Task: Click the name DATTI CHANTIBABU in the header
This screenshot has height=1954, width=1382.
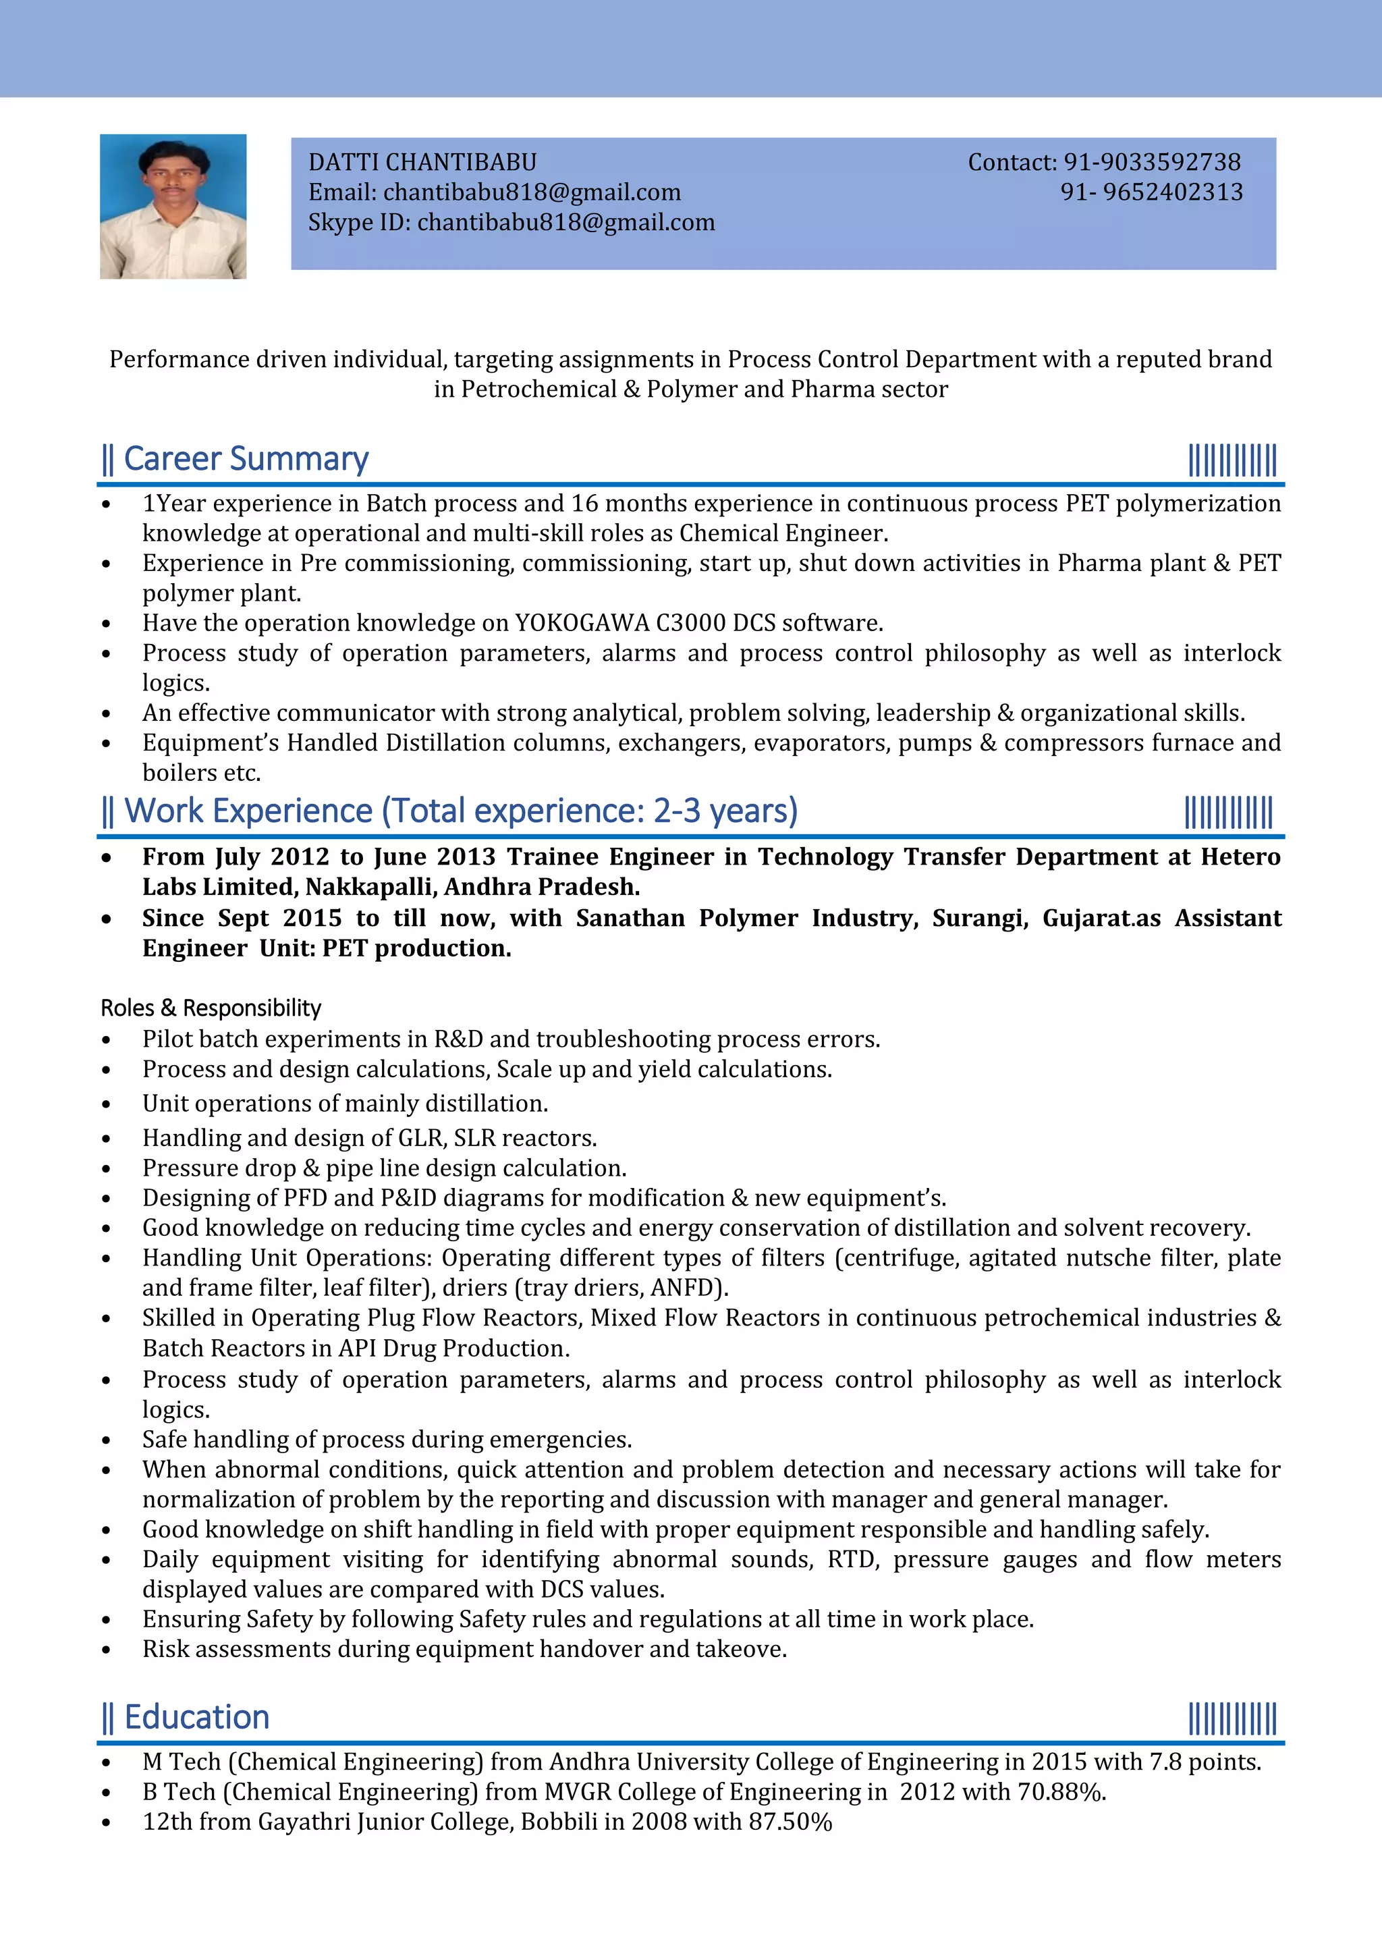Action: [422, 162]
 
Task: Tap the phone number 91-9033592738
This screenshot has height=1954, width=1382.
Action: [1153, 162]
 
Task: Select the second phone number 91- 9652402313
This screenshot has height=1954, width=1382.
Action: [1151, 192]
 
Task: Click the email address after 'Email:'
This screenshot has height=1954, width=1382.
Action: [532, 192]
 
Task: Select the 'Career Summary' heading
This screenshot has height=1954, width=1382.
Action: [246, 459]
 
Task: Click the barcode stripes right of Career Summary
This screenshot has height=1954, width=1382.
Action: [1232, 460]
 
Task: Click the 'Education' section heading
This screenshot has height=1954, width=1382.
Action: [196, 1716]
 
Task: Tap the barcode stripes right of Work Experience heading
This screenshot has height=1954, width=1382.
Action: [1228, 812]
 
